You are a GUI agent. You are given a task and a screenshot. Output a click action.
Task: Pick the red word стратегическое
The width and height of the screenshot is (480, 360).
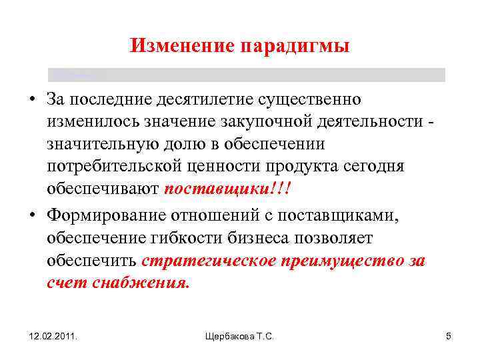pyautogui.click(x=209, y=260)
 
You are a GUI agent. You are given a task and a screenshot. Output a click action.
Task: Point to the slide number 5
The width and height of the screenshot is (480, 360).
pyautogui.click(x=449, y=336)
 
